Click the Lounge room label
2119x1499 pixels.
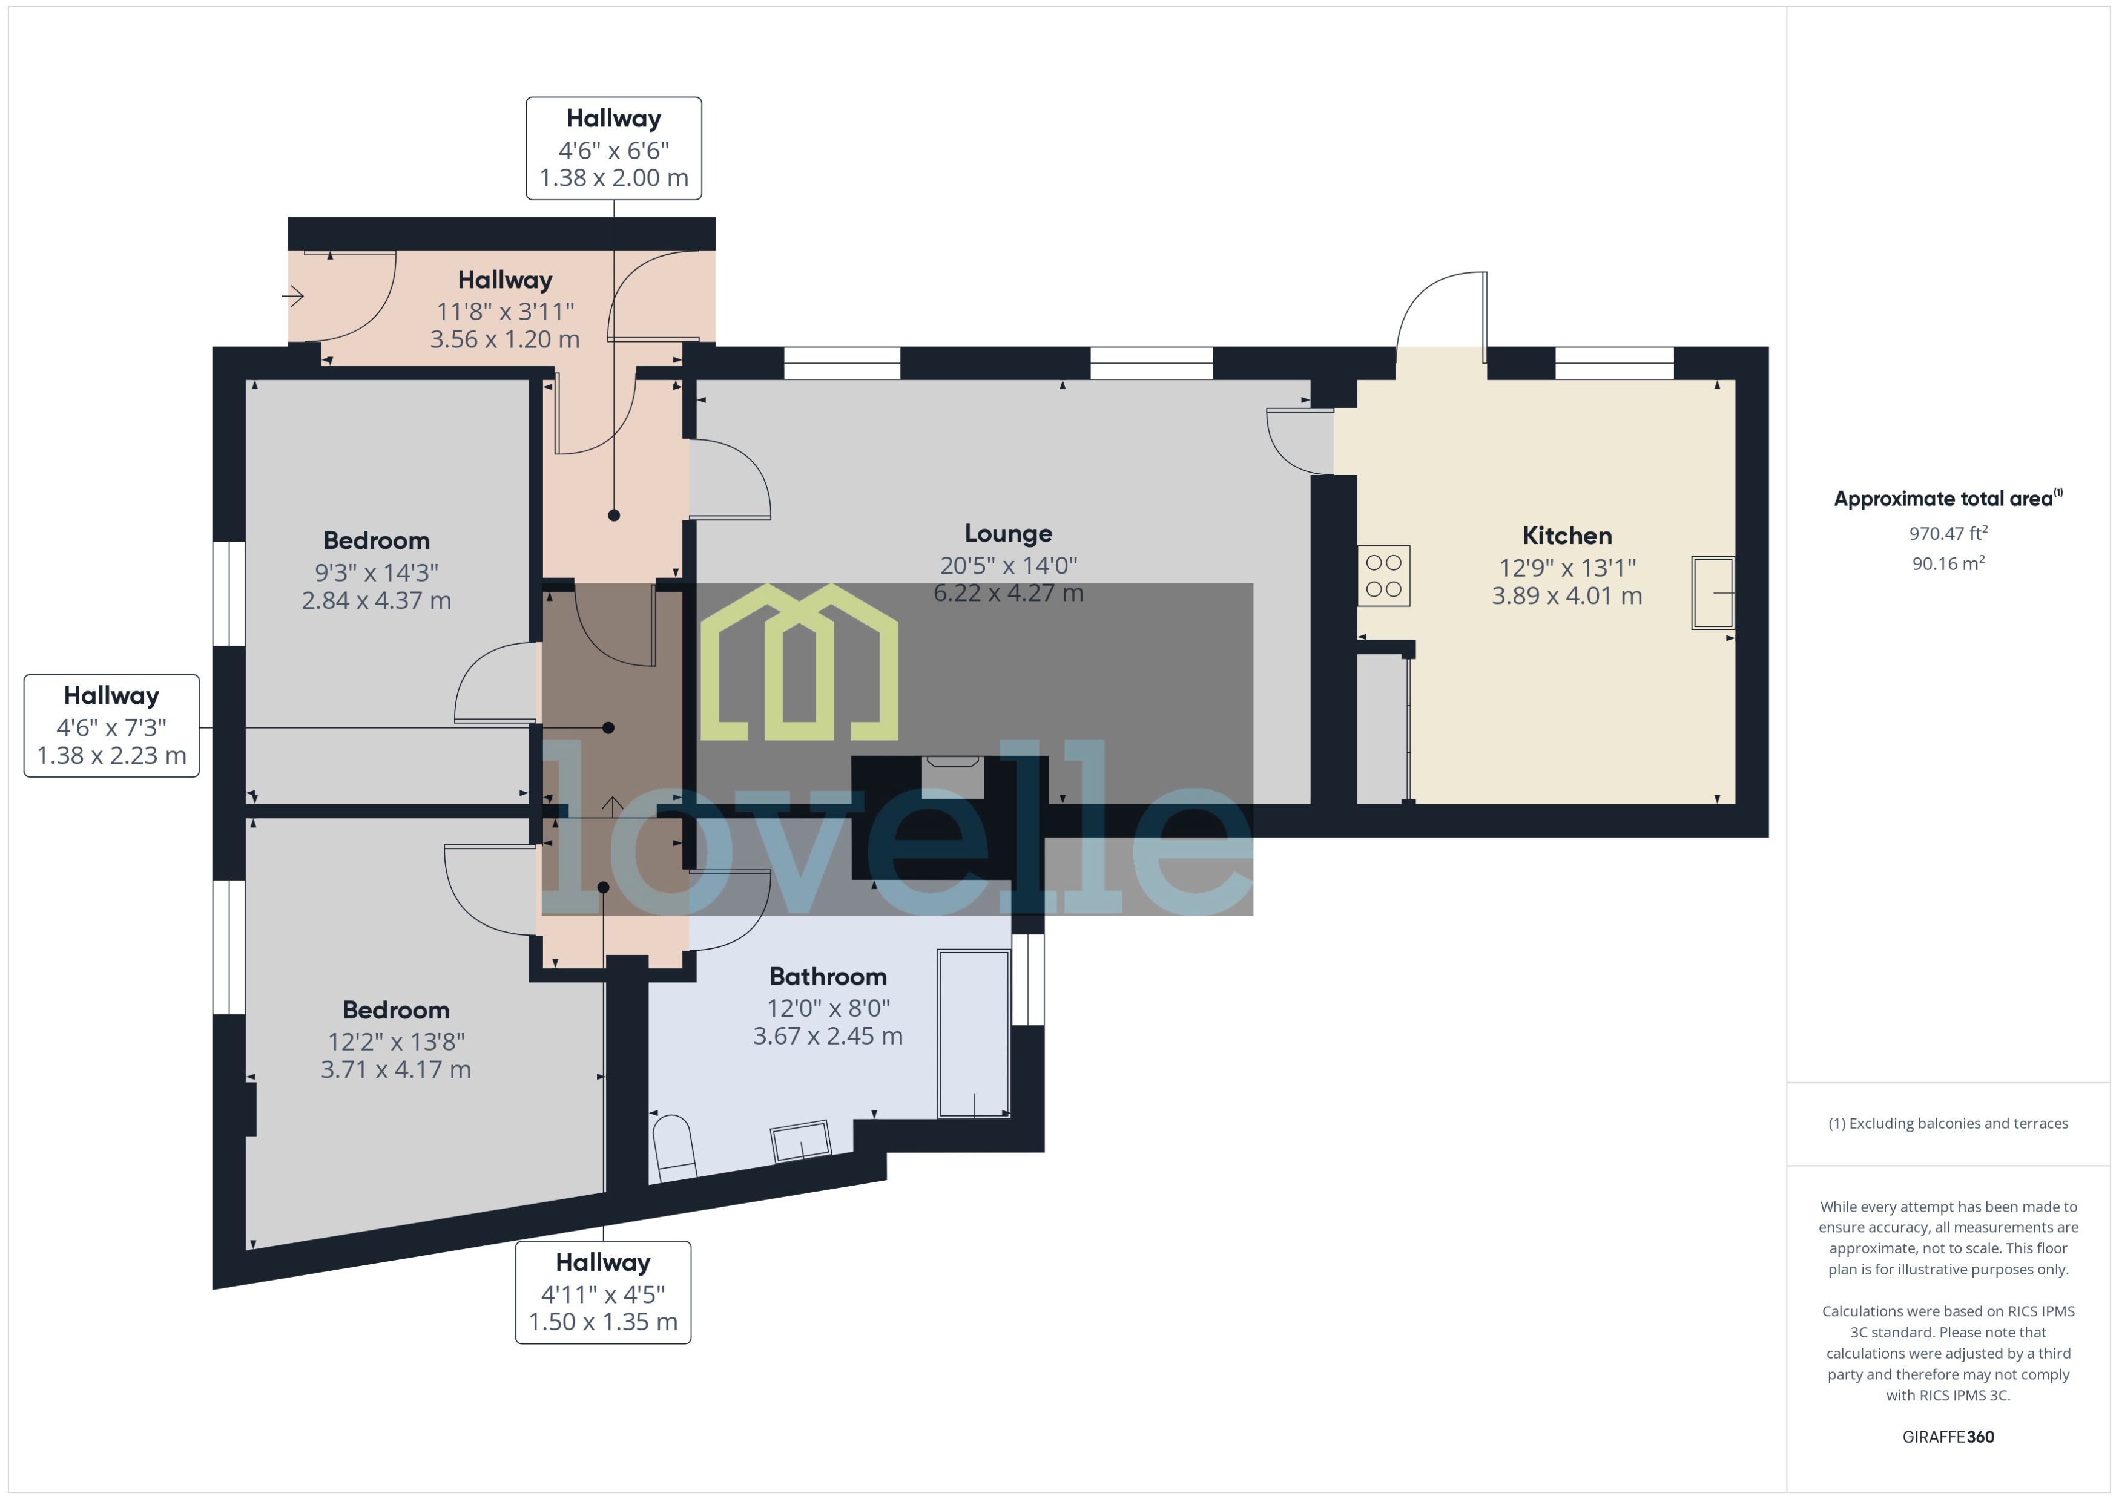1007,534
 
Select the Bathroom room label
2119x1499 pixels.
827,977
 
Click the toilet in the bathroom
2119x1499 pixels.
674,1147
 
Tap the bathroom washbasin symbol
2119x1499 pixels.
800,1141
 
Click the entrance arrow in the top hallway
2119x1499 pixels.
294,297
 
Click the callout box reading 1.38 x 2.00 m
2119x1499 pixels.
613,149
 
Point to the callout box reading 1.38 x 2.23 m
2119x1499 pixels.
111,726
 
